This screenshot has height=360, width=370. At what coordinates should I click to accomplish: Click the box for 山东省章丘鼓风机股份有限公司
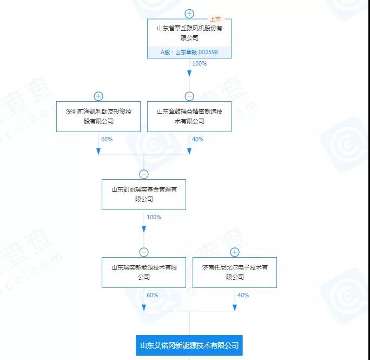189,33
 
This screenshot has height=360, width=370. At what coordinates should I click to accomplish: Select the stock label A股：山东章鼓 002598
189,53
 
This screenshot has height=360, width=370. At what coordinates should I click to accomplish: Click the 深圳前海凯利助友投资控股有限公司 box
98,116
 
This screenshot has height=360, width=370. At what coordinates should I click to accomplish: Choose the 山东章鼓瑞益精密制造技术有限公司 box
189,116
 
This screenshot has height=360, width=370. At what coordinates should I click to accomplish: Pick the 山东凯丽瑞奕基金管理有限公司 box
144,194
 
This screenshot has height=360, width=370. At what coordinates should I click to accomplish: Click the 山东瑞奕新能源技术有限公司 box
144,272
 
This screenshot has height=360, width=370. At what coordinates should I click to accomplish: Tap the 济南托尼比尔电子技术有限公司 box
234,272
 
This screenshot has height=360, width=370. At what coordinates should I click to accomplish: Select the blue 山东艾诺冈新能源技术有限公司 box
189,345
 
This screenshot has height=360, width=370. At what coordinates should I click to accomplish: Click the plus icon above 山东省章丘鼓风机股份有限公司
189,14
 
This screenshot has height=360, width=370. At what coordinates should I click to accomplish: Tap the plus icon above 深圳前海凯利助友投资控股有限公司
98,96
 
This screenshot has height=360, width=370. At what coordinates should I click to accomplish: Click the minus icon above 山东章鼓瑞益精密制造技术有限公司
189,96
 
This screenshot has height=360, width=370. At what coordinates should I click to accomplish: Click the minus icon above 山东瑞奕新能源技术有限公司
144,252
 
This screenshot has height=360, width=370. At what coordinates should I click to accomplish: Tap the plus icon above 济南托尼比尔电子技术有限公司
234,252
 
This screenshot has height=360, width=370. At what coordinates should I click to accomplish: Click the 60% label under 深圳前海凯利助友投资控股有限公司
107,139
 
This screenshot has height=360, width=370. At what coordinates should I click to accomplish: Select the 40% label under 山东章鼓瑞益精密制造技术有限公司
197,139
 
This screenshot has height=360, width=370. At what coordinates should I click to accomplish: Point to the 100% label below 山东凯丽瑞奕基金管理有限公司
154,217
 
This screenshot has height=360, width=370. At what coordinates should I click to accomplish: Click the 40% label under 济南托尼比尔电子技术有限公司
243,295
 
